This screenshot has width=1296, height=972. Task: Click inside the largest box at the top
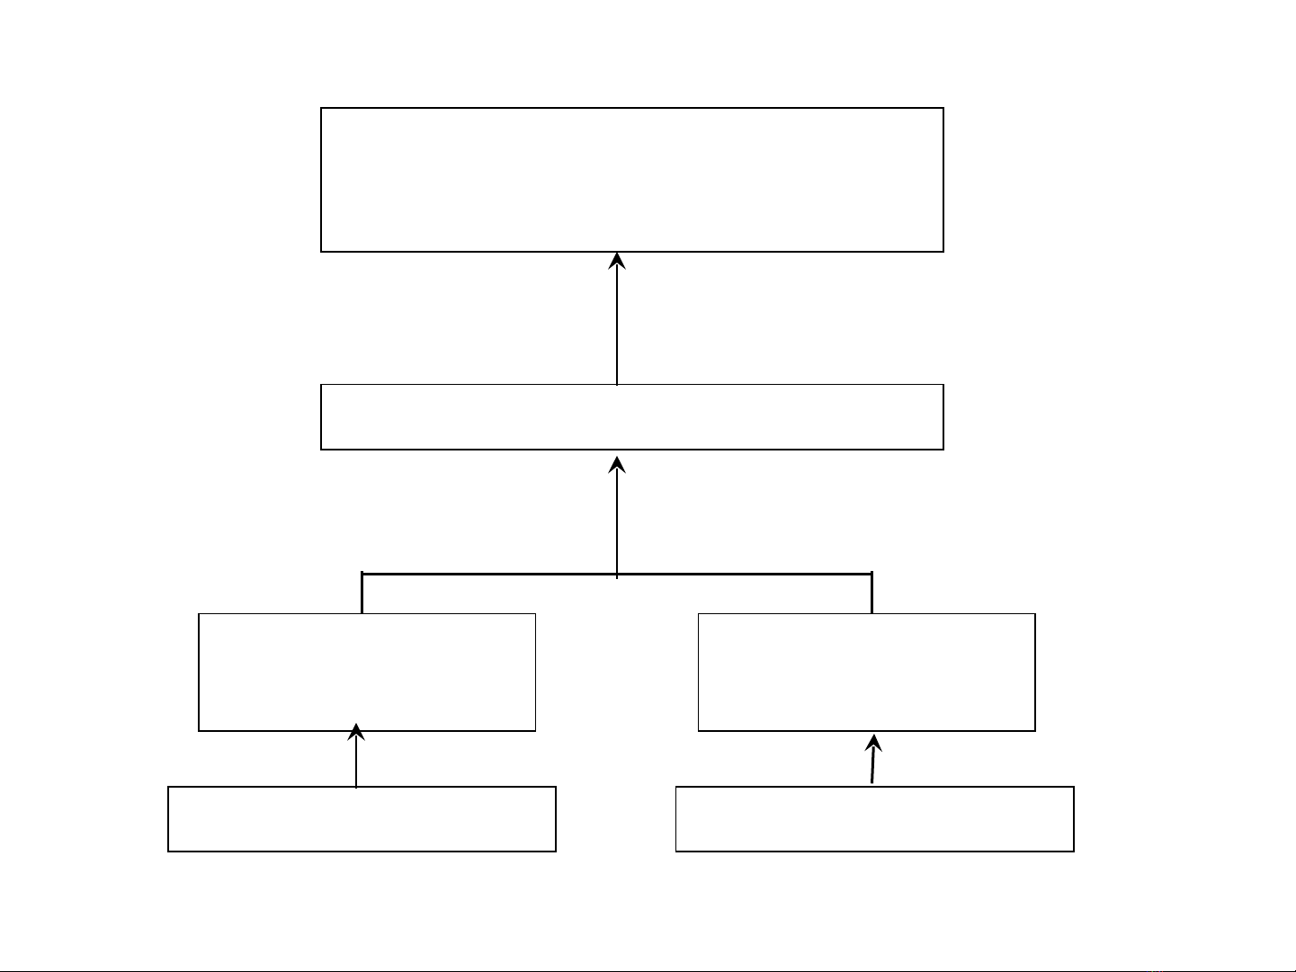[631, 180]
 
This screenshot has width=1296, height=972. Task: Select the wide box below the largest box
[631, 416]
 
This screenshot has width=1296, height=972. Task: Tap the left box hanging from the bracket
[367, 672]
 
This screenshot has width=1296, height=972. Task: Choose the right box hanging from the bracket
[866, 672]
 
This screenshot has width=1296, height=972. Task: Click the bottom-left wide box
[362, 818]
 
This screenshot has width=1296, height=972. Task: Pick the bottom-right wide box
[874, 818]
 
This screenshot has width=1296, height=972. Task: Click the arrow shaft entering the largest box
[617, 324]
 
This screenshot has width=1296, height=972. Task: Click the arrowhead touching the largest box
[617, 261]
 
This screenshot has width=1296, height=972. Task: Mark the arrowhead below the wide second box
[617, 465]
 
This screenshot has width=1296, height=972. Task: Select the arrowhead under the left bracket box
[356, 732]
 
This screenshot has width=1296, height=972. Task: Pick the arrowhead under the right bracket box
[873, 743]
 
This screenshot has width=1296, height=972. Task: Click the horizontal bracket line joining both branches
[486, 574]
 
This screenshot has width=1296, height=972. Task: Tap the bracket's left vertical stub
[362, 593]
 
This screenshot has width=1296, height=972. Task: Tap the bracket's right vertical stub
[871, 593]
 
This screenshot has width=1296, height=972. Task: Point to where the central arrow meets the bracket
[617, 574]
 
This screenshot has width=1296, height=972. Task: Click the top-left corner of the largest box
[322, 109]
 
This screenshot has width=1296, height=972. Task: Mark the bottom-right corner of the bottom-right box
[1073, 851]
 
